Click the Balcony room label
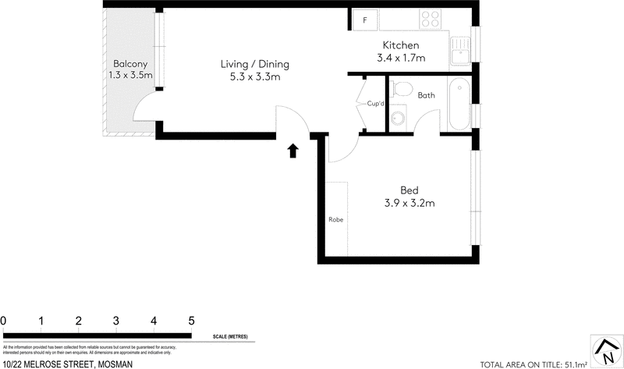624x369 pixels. (x=129, y=63)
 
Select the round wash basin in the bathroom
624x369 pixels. (x=398, y=118)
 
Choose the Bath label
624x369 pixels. (x=426, y=96)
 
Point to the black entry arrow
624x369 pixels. (x=293, y=151)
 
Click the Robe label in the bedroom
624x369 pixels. (x=335, y=219)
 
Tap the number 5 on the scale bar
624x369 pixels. (x=191, y=321)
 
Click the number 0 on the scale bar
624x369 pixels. (x=4, y=321)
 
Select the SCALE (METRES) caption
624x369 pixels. (x=230, y=336)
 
